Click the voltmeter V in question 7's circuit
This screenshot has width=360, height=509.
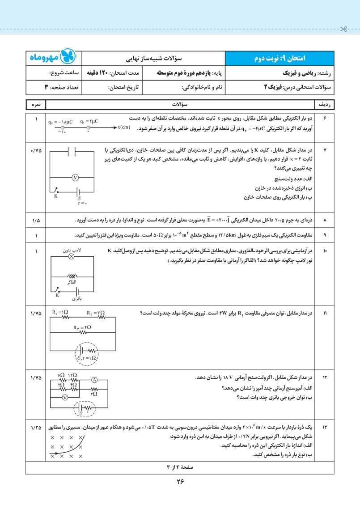pos(76,177)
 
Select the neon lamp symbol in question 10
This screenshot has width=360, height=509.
pos(70,257)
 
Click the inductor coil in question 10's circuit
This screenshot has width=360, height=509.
pos(71,276)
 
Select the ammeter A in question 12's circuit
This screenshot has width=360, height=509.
pos(94,380)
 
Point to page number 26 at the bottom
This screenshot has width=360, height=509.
pos(180,482)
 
